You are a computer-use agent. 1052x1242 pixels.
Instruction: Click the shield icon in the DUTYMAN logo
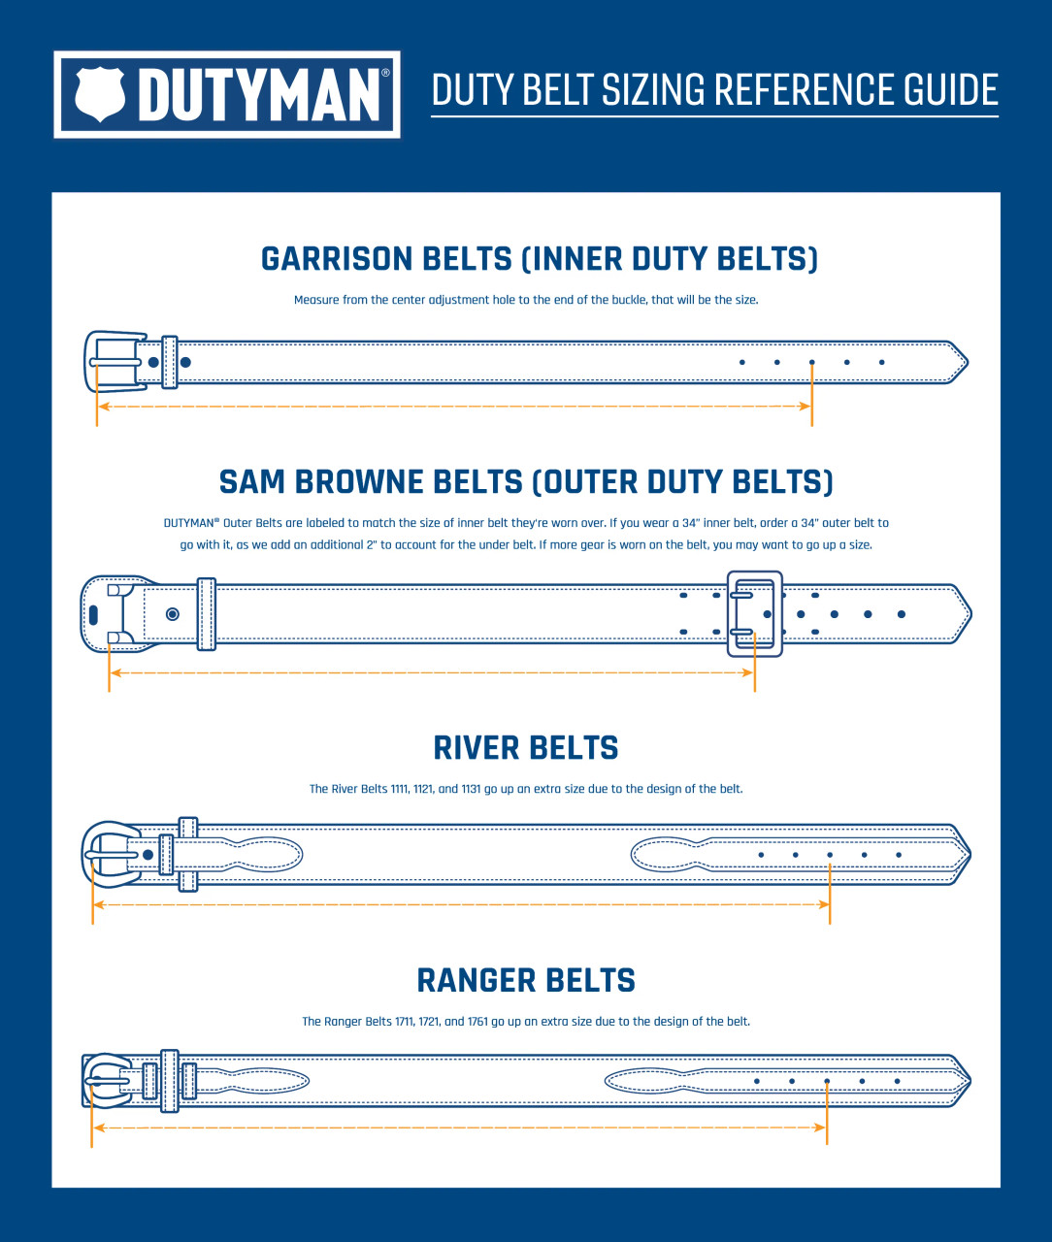click(101, 94)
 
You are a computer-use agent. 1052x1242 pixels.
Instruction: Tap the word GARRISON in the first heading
click(337, 259)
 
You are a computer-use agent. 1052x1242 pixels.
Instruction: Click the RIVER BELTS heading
click(525, 748)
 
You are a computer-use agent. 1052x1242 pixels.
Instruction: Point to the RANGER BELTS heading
click(525, 981)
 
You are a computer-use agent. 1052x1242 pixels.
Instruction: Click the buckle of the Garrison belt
click(113, 362)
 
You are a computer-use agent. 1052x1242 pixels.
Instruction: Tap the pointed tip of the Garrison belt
click(958, 362)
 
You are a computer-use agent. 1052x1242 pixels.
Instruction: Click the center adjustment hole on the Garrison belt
click(812, 362)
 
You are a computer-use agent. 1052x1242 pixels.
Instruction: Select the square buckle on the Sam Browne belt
click(755, 613)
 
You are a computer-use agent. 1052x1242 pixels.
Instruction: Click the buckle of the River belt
click(109, 855)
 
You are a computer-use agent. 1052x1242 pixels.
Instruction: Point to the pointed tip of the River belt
click(962, 855)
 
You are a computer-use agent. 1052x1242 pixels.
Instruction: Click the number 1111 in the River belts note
click(400, 789)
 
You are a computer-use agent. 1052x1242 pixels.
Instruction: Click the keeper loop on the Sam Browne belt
click(206, 614)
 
